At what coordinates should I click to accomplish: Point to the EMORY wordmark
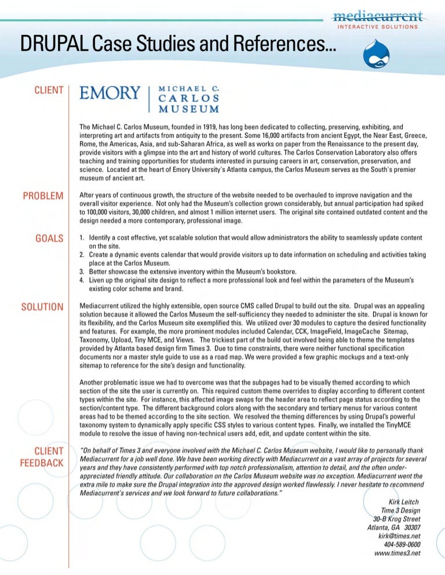[x=110, y=93]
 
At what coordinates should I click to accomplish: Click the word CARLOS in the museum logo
[x=189, y=98]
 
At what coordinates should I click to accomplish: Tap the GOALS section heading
[x=49, y=238]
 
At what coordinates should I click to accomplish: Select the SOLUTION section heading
[x=42, y=306]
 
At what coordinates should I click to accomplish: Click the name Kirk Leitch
[x=402, y=501]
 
